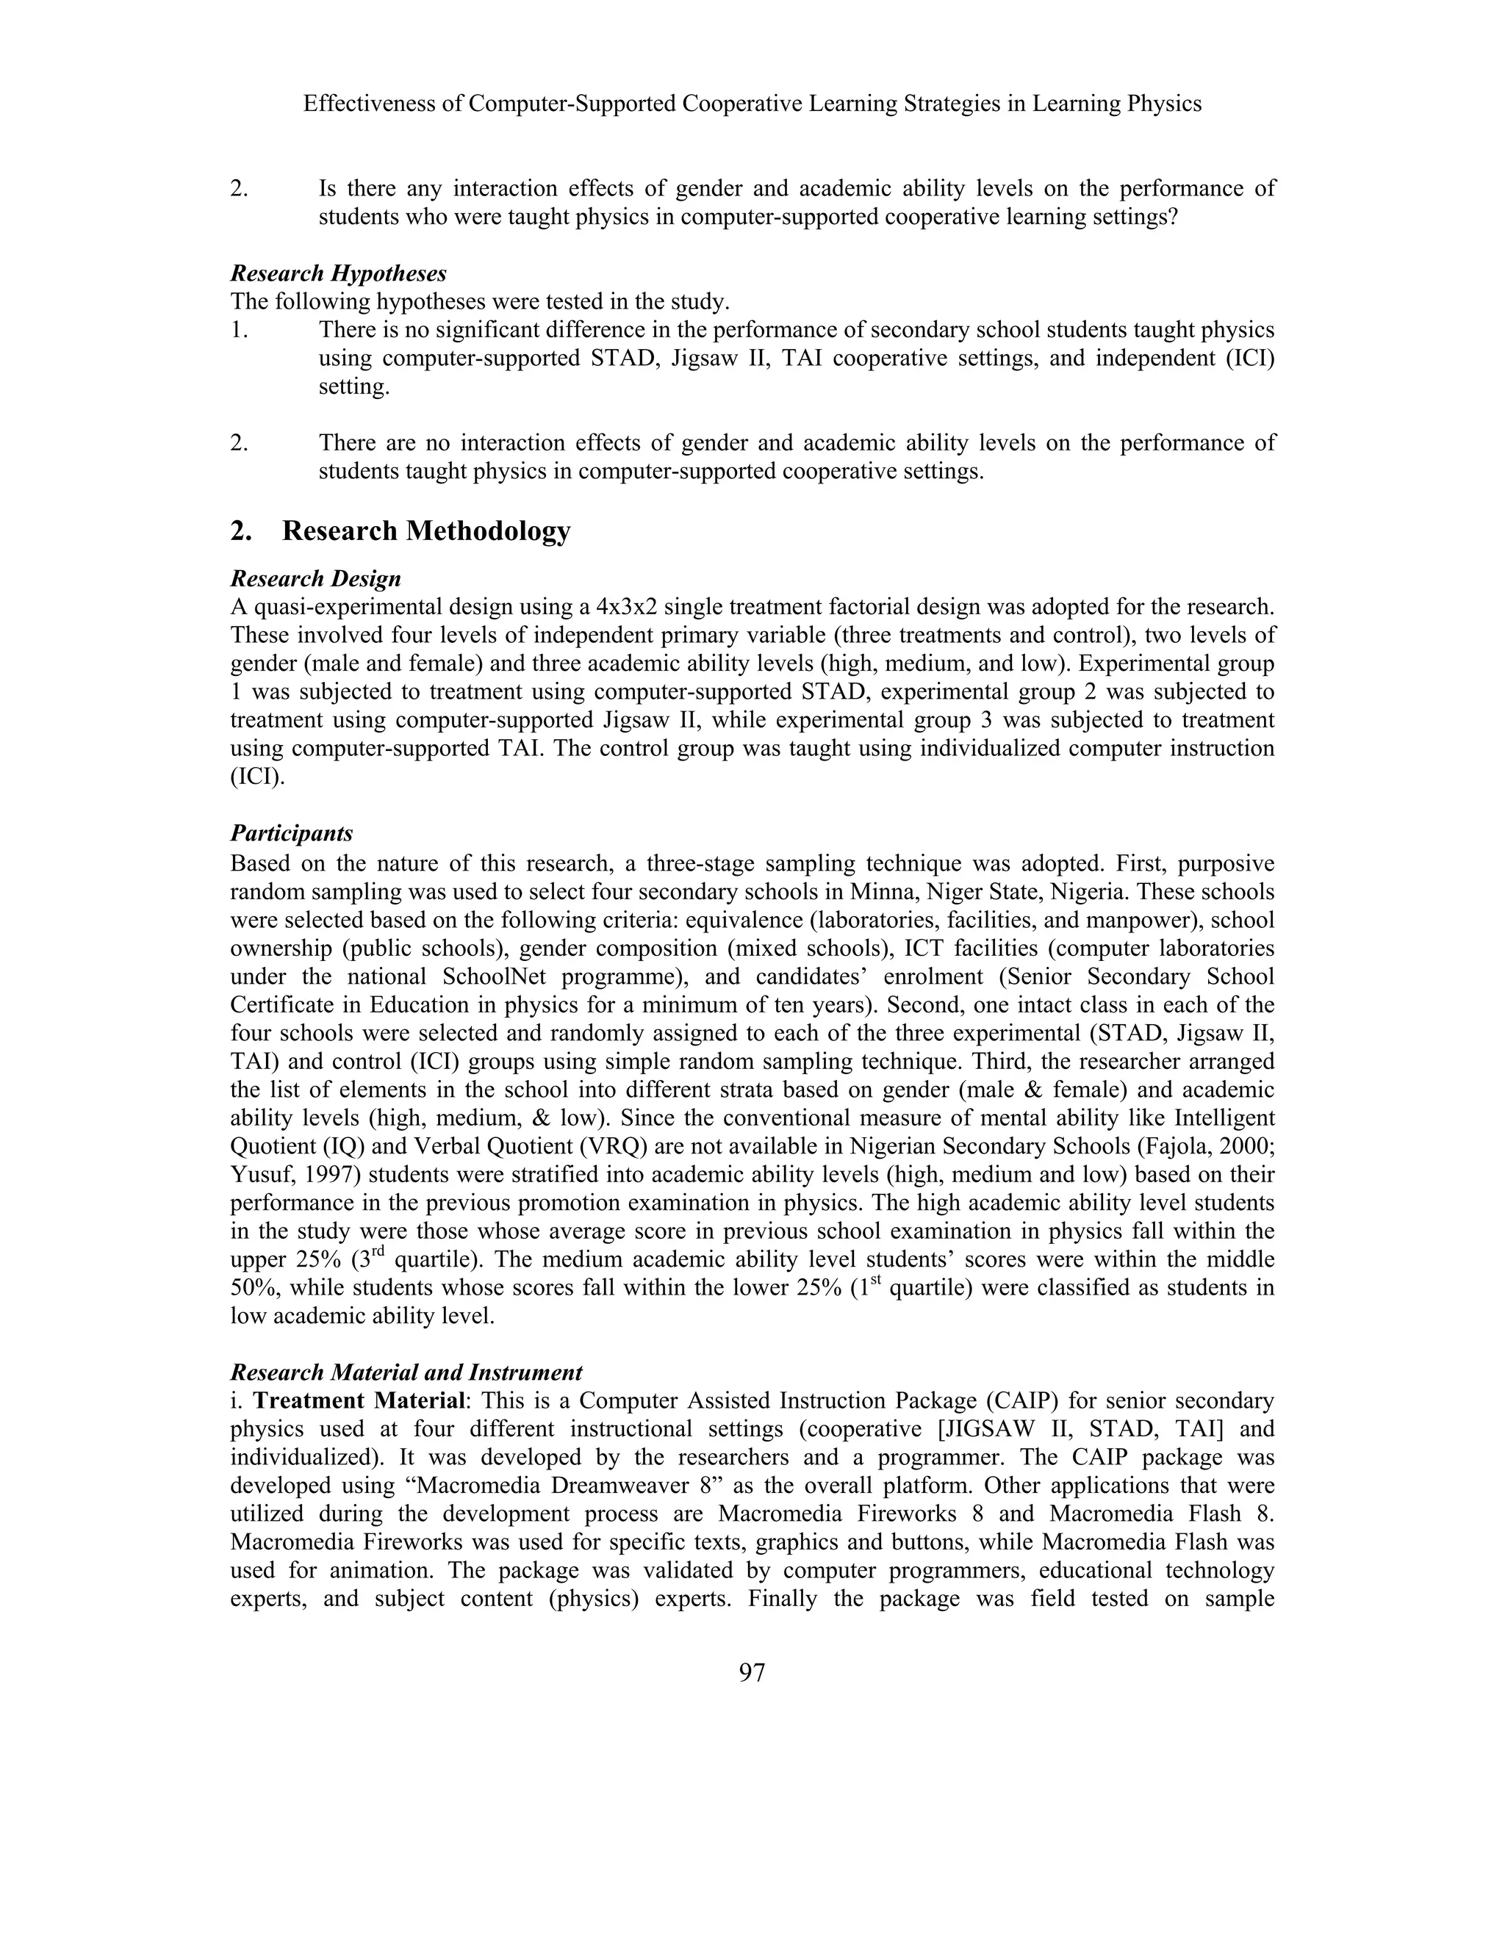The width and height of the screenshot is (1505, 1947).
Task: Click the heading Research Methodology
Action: tap(425, 531)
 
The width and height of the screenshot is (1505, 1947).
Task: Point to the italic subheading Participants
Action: tap(292, 834)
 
